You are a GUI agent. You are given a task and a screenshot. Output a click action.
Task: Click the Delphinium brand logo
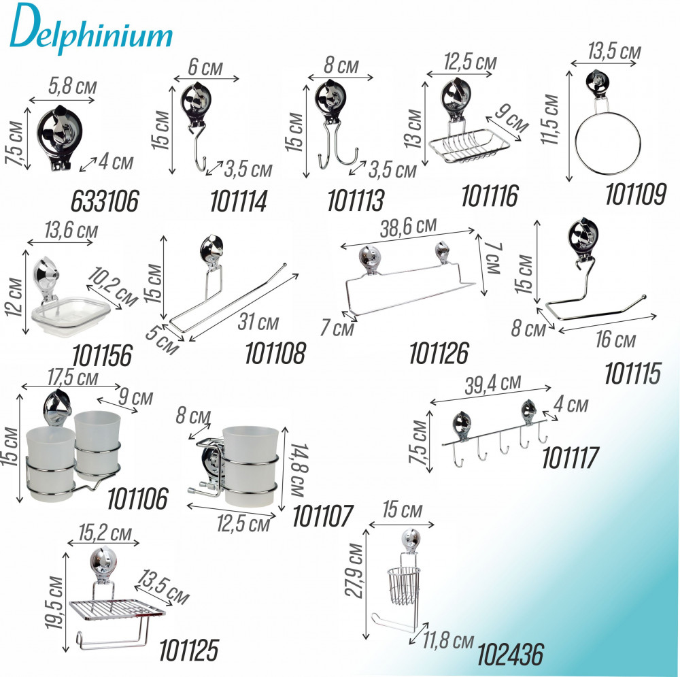coord(91,29)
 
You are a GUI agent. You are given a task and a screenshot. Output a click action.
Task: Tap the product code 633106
coord(105,201)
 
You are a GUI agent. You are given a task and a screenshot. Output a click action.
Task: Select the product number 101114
coord(239,201)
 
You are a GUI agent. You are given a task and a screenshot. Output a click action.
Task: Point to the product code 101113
coord(356,201)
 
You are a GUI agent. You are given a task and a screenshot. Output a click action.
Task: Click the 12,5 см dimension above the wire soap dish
coord(470,62)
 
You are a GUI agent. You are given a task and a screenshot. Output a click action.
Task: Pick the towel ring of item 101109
coord(607,144)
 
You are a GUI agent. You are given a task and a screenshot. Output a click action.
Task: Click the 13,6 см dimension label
coord(71,230)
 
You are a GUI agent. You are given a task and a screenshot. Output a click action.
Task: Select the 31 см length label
coord(258,322)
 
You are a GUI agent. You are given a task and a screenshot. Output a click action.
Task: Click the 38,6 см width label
coord(408,227)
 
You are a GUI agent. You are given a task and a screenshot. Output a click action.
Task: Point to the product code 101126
coord(439,353)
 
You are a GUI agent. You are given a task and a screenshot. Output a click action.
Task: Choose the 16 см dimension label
coord(615,339)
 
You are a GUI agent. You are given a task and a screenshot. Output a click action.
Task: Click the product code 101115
coord(632,374)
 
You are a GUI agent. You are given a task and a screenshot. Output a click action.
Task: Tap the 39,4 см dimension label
coord(492,384)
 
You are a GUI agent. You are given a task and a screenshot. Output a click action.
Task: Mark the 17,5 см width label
coord(73,377)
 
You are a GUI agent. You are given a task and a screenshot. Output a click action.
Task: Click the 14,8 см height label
coord(299,470)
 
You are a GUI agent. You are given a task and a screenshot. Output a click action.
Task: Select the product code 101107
coord(322,516)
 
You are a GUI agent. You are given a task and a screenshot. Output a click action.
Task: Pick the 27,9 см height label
coord(355,570)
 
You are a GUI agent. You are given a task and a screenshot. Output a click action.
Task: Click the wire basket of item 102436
coord(403,585)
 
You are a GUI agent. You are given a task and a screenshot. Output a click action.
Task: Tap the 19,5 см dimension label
coord(54,602)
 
